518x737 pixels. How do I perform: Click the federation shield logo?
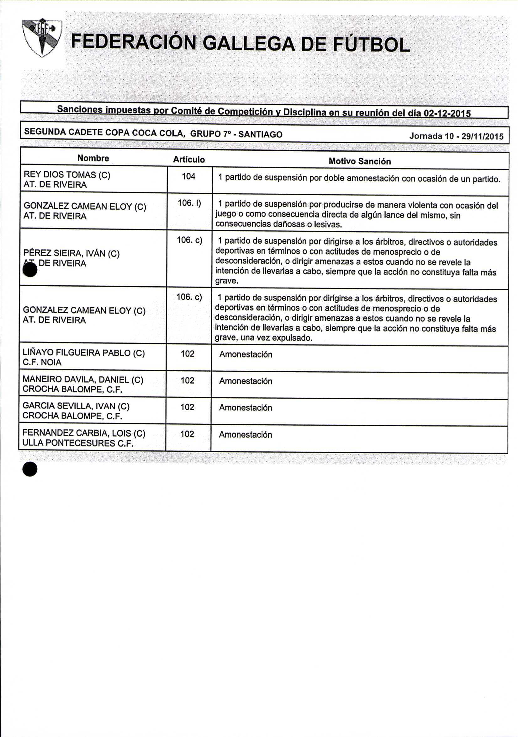click(42, 38)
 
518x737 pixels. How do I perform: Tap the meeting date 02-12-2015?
click(447, 113)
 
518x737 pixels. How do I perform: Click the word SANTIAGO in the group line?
click(261, 134)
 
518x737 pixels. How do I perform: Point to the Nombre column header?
click(93, 158)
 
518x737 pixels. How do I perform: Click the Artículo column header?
click(189, 159)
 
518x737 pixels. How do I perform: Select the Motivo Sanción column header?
click(360, 161)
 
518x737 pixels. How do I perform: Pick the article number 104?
click(188, 176)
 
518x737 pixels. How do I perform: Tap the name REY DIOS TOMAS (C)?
click(67, 175)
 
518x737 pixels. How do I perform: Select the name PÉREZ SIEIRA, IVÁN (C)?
click(71, 254)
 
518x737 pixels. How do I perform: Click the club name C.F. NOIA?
click(42, 363)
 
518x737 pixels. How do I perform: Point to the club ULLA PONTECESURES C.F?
click(78, 443)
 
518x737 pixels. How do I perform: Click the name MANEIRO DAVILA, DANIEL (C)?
click(83, 380)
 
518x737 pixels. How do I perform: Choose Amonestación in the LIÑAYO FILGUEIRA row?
click(246, 354)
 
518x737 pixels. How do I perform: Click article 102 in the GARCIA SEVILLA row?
click(187, 407)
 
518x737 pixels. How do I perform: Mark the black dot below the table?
click(30, 469)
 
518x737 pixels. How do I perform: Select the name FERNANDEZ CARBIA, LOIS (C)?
click(84, 433)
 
